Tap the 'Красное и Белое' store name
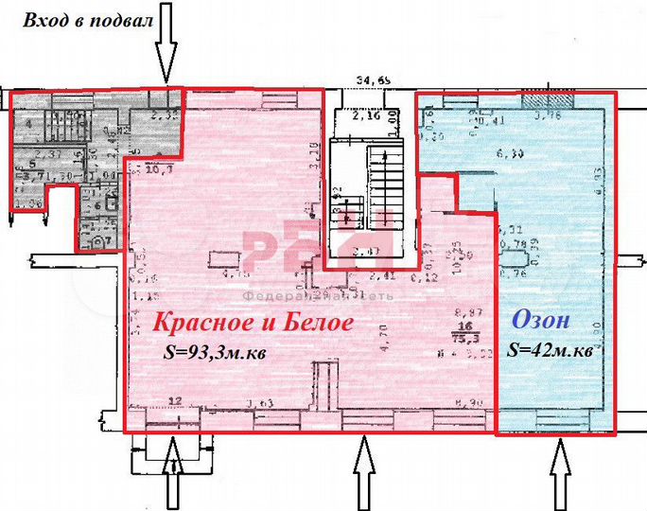pos(254,323)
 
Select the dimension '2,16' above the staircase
pos(365,119)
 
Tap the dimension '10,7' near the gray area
pos(151,170)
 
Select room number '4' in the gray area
pos(28,122)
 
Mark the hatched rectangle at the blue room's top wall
pos(562,101)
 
